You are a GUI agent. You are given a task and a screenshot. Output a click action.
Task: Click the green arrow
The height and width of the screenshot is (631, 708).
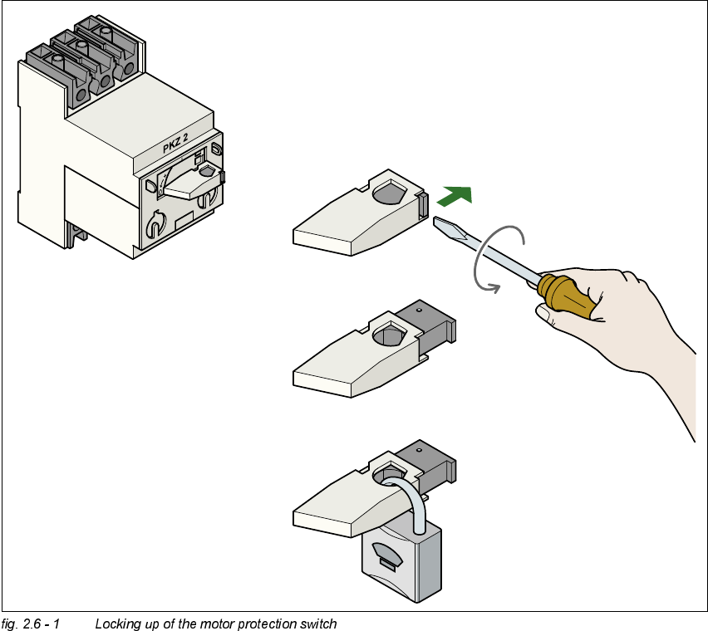click(x=455, y=196)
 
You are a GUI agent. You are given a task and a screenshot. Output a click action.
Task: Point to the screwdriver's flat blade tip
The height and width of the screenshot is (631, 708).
click(x=441, y=222)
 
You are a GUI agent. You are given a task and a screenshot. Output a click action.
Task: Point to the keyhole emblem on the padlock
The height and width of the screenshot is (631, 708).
click(x=386, y=555)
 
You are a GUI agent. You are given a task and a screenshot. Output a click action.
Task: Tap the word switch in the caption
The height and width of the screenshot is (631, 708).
click(x=319, y=624)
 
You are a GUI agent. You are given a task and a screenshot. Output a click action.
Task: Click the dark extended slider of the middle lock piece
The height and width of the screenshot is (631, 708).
click(x=428, y=325)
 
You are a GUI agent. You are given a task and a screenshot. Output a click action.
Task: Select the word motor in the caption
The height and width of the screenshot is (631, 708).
click(x=210, y=624)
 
